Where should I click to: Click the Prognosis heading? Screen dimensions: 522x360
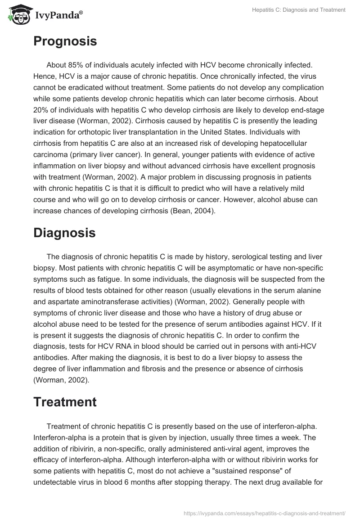65,41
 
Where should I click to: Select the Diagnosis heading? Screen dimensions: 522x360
64,233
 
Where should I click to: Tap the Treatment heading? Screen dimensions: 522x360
65,402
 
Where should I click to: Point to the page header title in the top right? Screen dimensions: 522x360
298,10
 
